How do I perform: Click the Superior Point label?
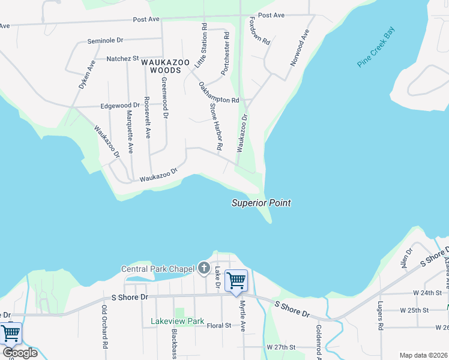point(261,203)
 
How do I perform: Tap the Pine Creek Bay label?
point(376,46)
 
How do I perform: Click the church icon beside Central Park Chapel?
point(203,268)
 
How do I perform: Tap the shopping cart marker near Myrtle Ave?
point(236,280)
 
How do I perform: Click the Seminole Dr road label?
point(104,40)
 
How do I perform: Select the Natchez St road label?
point(122,59)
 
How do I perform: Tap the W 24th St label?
point(414,293)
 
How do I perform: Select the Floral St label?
point(219,326)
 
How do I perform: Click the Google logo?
point(19,353)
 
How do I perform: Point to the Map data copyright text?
point(423,355)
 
